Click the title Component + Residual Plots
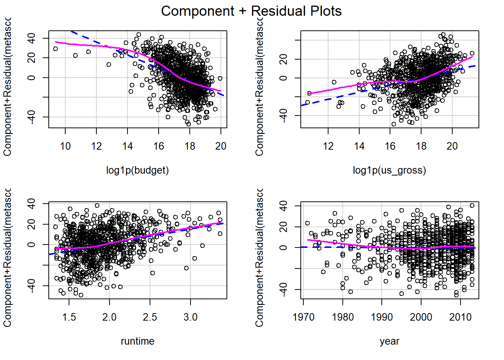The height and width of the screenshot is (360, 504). (251, 11)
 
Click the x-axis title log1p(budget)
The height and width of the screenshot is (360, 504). (137, 170)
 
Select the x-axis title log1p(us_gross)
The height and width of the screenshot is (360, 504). (389, 170)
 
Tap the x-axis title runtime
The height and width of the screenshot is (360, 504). (137, 341)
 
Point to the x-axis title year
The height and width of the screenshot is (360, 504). (389, 341)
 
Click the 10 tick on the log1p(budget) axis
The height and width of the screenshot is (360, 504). (65, 146)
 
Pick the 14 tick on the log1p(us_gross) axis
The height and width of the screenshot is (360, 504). (359, 146)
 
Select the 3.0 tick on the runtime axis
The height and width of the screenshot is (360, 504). (190, 317)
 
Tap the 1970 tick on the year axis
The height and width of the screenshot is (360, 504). (303, 317)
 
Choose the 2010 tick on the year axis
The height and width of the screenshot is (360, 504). (460, 317)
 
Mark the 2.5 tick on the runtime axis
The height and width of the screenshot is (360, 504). (150, 317)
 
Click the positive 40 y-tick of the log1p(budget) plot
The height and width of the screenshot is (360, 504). (31, 38)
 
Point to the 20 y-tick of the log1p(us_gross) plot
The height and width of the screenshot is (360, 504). (283, 59)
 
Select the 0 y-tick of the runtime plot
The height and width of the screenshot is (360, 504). (31, 244)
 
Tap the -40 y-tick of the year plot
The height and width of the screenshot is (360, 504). (283, 289)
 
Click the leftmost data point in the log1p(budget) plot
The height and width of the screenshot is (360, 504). (55, 49)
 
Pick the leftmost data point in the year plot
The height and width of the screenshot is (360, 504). (307, 223)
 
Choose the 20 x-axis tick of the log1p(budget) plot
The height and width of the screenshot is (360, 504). (221, 146)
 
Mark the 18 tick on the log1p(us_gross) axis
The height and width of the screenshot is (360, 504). (421, 146)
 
